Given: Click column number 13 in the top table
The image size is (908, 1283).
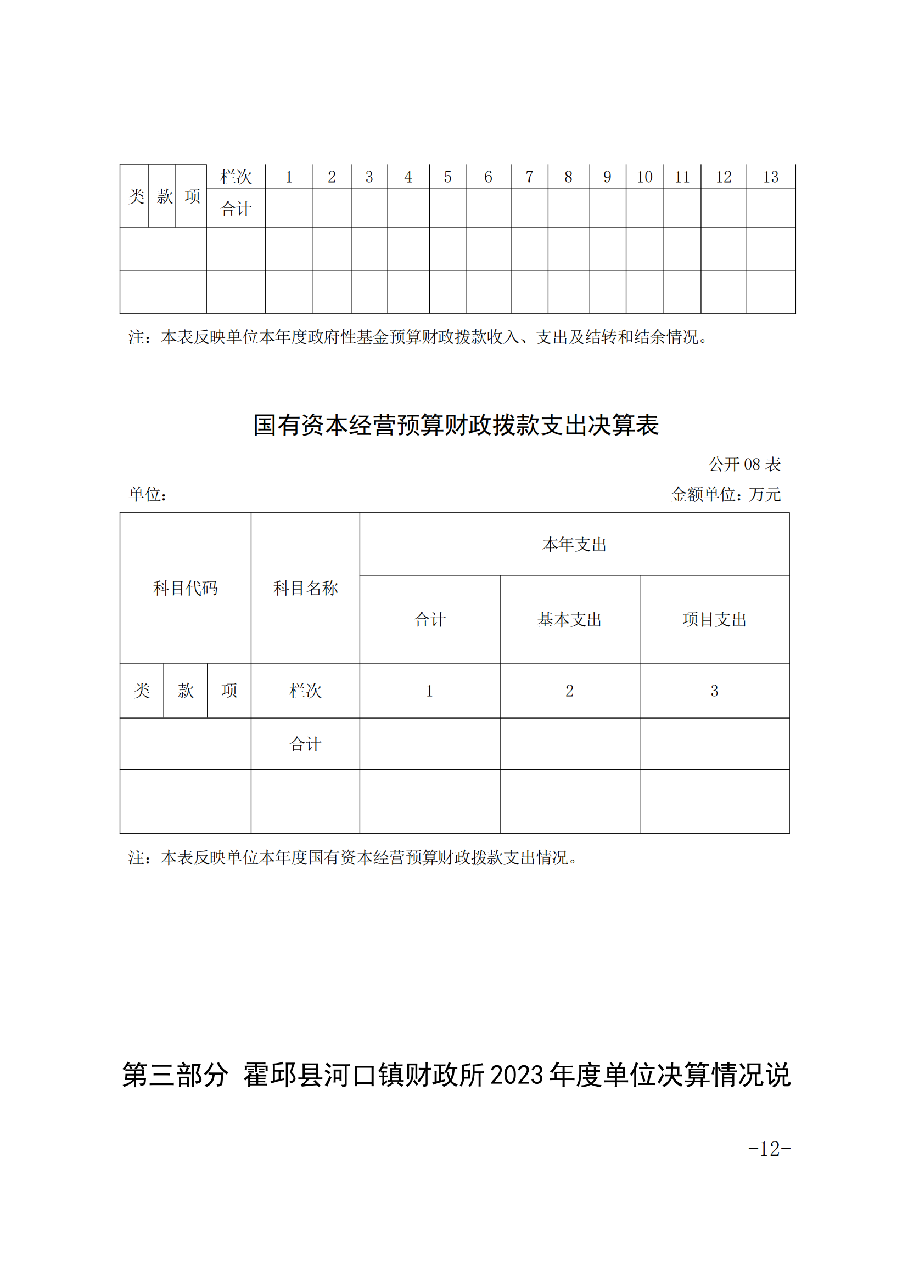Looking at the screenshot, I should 770,177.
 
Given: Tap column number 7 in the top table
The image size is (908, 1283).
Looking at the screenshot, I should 529,177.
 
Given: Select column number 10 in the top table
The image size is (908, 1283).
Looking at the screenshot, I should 644,177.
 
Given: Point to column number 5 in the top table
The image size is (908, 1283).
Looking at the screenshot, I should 447,177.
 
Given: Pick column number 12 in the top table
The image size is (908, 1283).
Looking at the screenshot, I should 724,177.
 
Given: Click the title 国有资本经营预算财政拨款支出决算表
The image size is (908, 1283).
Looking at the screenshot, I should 456,425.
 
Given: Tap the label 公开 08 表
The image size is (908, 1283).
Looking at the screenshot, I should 744,464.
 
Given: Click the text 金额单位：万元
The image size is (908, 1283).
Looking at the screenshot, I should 725,494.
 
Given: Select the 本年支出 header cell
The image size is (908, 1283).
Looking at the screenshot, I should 574,544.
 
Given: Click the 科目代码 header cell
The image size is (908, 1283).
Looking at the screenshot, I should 185,588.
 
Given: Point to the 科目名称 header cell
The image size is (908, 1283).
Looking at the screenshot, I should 305,588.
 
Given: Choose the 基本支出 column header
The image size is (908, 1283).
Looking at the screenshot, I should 569,619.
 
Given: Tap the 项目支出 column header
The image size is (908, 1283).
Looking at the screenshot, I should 714,619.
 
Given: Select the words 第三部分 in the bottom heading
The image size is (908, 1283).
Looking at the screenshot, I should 175,1074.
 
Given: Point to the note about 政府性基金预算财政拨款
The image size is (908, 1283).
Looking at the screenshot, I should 419,337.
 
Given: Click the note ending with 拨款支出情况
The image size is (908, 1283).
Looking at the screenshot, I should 354,857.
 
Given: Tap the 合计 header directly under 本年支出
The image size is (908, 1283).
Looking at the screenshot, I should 429,619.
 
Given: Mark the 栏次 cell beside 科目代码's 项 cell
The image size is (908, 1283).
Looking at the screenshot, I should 305,691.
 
